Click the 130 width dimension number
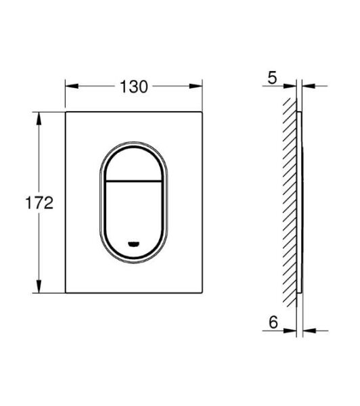[x=134, y=86]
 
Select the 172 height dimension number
[x=39, y=202]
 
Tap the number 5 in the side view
[x=272, y=78]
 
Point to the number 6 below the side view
[x=272, y=323]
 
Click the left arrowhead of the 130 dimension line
[x=70, y=86]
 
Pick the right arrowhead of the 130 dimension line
[x=199, y=86]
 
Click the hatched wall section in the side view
[x=290, y=203]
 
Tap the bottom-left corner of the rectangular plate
[x=66, y=294]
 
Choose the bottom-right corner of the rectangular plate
[x=203, y=294]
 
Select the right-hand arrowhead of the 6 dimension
[x=306, y=332]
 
